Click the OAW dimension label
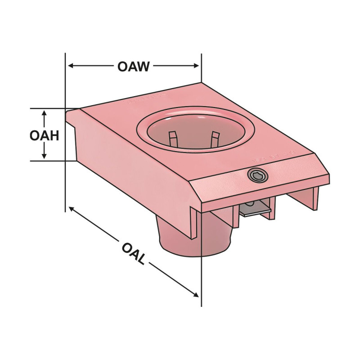pyautogui.click(x=133, y=67)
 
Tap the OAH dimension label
pyautogui.click(x=45, y=135)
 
